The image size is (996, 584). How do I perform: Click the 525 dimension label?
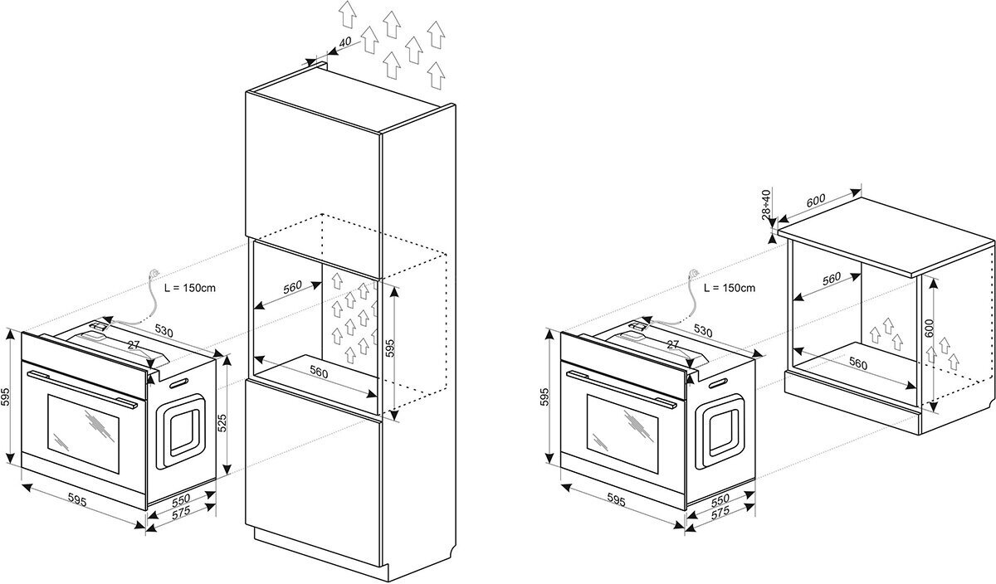222,424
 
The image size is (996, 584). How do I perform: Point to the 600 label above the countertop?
817,200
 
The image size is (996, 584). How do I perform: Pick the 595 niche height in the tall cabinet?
391,347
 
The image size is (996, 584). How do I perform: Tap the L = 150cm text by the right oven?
729,288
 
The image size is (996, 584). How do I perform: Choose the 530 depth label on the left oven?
164,332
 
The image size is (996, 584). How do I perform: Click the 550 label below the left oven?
180,499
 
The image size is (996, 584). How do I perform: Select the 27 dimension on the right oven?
673,343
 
